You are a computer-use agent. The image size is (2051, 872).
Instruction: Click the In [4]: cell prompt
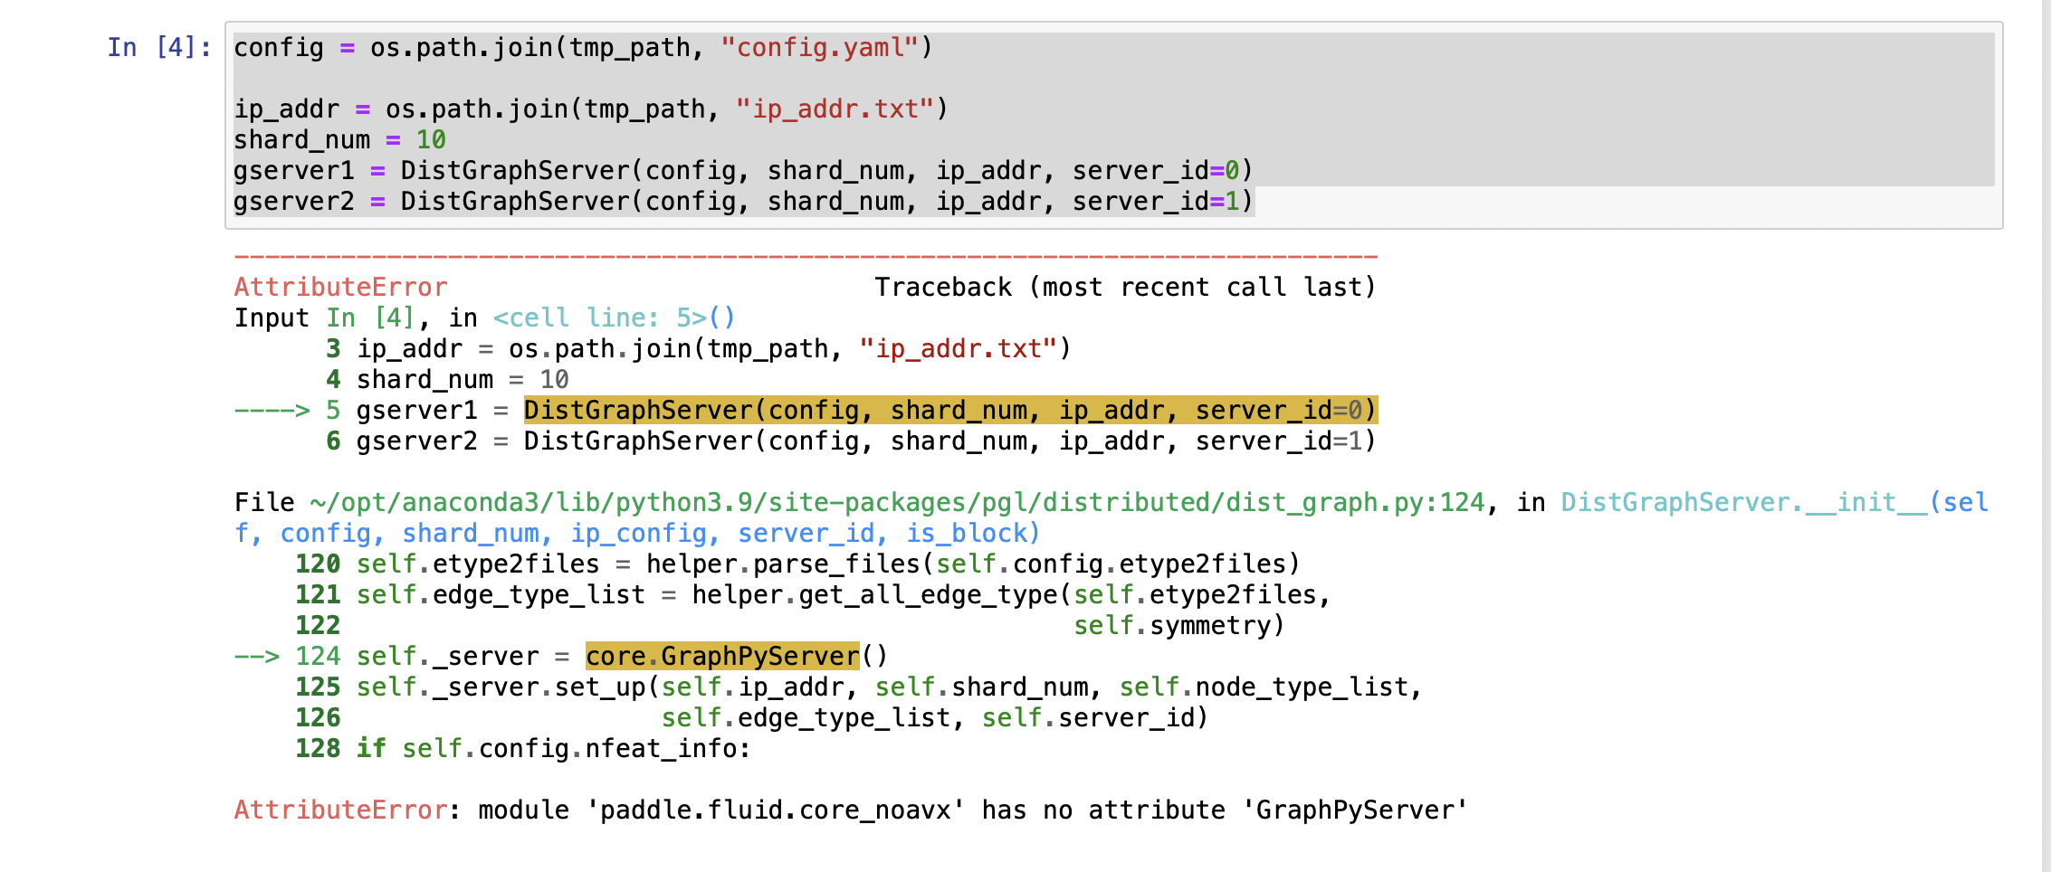(x=159, y=47)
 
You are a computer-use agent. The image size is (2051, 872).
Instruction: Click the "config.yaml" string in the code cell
(x=819, y=47)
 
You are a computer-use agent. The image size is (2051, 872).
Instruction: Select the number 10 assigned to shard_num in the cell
(x=431, y=140)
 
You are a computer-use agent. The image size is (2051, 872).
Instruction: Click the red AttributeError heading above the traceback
(x=340, y=288)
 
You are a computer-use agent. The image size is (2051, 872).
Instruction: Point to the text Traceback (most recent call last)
(x=1124, y=288)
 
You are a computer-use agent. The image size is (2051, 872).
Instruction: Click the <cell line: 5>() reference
(x=614, y=318)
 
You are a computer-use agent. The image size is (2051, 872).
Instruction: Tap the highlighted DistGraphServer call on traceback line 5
(x=949, y=411)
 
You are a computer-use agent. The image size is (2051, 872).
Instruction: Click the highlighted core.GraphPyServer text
(x=722, y=657)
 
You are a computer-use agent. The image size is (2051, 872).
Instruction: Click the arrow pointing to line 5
(x=272, y=411)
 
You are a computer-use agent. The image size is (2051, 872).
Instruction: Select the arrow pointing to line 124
(x=256, y=657)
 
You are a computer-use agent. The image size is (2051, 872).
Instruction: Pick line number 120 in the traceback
(x=318, y=564)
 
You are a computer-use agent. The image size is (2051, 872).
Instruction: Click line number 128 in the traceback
(x=318, y=749)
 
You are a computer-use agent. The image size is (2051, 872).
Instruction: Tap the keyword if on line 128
(x=370, y=749)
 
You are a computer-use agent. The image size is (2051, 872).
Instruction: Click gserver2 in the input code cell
(x=293, y=202)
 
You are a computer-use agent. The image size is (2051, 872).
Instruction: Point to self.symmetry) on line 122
(x=1178, y=626)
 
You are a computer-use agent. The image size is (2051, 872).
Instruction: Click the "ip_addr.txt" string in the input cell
(x=835, y=109)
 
